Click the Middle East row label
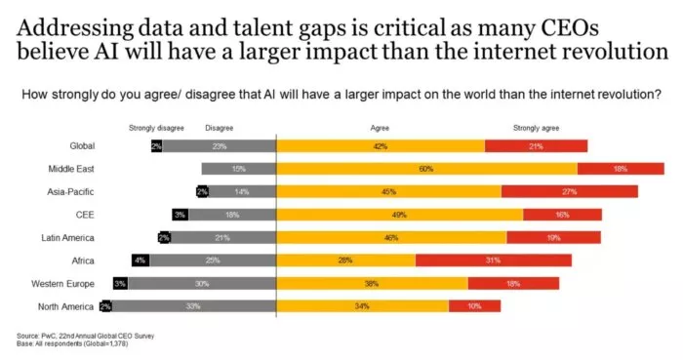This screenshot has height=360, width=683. pos(71,169)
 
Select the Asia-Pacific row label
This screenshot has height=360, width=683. pos(70,191)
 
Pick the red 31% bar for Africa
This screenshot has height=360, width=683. pos(493,260)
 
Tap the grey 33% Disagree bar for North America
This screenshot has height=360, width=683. pos(194,305)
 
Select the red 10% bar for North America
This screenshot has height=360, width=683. pos(474,305)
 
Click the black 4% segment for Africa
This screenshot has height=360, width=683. pos(141,260)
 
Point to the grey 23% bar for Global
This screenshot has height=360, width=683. pos(219,146)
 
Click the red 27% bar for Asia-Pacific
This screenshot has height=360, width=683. pos(569,191)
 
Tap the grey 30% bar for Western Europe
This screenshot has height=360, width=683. pos(202,283)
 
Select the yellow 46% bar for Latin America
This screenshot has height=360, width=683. pos(391,237)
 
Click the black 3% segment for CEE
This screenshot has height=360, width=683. pos(180,215)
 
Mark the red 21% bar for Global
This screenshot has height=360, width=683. pos(536,146)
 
